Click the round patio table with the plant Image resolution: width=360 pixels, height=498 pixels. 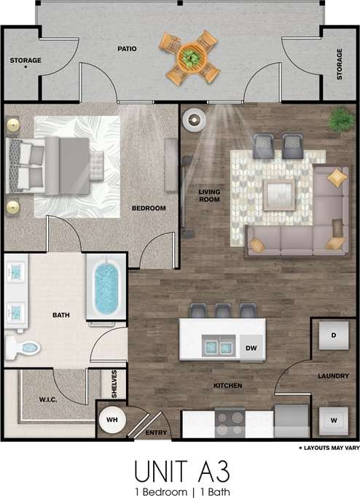tap(191, 56)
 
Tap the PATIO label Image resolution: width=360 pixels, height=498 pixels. tap(128, 49)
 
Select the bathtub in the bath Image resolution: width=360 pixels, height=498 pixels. tap(106, 287)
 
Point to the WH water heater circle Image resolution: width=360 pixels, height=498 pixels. tap(113, 421)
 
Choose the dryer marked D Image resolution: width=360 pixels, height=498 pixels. tap(333, 335)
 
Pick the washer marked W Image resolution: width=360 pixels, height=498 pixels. tap(333, 421)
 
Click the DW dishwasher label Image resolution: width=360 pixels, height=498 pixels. tap(251, 348)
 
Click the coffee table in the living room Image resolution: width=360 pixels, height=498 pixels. tap(278, 194)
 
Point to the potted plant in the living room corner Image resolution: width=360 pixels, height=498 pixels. tap(340, 118)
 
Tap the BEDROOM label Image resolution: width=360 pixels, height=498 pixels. tap(148, 209)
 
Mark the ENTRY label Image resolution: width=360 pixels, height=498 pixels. tap(157, 432)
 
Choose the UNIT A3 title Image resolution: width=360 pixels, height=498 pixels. tap(179, 467)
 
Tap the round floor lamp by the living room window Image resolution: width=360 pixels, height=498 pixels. tap(195, 119)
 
